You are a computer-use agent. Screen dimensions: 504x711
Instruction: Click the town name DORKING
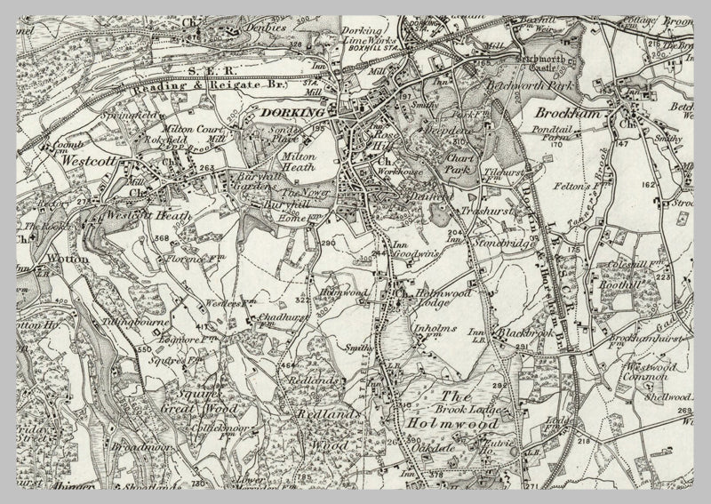(294, 114)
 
